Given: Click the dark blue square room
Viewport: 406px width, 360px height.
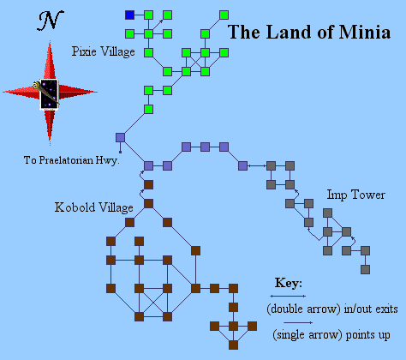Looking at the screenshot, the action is (129, 15).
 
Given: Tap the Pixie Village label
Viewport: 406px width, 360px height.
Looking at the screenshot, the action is (103, 51).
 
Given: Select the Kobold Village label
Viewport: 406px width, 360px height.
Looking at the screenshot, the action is (93, 207).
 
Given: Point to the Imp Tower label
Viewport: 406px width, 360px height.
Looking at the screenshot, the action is (355, 195).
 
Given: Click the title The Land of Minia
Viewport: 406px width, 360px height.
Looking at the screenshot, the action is (309, 32).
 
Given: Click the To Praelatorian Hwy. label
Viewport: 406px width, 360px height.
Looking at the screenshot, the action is (71, 160).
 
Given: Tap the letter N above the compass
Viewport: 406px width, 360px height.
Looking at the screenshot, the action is (51, 21).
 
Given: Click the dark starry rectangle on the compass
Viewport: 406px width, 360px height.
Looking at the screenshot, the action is (49, 94).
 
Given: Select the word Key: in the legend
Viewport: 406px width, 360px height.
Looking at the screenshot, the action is (289, 283).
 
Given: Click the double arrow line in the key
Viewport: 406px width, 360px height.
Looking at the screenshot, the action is (288, 296).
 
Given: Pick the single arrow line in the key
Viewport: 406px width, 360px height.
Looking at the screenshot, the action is (298, 323).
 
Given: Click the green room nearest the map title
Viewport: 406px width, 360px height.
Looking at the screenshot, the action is (224, 15).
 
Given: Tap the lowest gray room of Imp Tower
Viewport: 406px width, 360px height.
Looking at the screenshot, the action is (365, 269).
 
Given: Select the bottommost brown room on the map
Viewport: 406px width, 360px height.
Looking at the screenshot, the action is (233, 345).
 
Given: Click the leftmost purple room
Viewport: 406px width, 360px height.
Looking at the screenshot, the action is (120, 137).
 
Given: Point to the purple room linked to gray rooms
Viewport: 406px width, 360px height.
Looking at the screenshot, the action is (242, 165).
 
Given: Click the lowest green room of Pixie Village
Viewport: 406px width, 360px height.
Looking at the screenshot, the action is (148, 109).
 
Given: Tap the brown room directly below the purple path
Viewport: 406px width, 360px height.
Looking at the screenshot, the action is (148, 184).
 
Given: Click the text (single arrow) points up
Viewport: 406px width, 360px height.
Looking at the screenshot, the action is (331, 335).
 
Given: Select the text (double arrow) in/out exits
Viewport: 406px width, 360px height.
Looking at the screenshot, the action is (332, 309).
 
